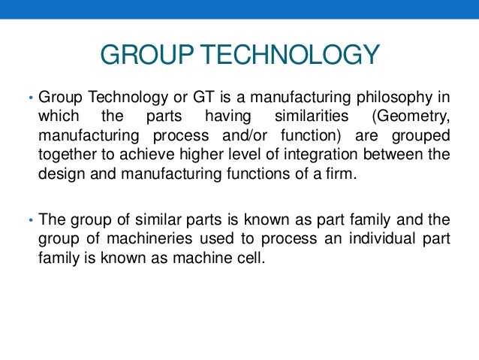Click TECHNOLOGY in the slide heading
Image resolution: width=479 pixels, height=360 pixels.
pyautogui.click(x=289, y=56)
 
